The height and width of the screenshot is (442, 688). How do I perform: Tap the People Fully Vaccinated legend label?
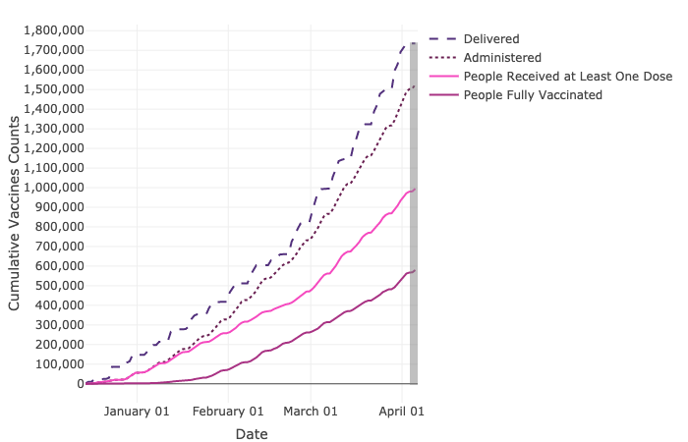(x=533, y=94)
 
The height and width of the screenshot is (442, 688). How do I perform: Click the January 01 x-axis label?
(x=137, y=411)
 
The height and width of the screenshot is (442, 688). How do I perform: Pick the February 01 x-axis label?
(x=227, y=411)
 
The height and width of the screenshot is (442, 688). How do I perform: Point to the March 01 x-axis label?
(x=311, y=411)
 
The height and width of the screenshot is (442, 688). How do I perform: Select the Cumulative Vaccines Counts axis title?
(x=15, y=207)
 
